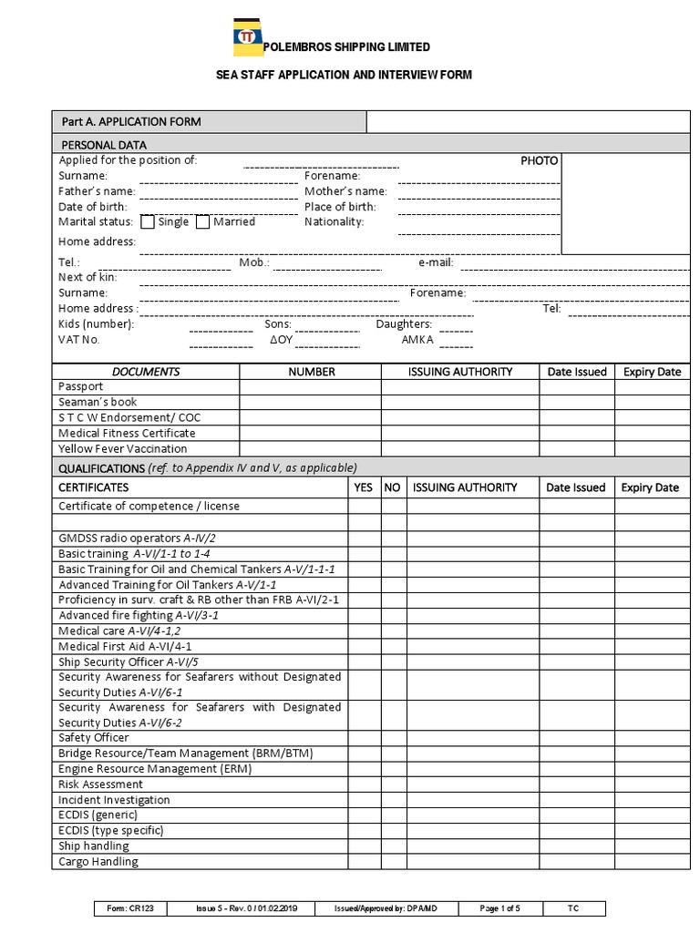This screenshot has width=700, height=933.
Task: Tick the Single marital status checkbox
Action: (x=149, y=222)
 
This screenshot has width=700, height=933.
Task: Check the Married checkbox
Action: (x=203, y=222)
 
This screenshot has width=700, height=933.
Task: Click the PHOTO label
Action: (x=539, y=160)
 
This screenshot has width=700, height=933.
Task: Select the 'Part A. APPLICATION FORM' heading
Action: (x=130, y=122)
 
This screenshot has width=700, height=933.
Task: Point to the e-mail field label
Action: (x=436, y=263)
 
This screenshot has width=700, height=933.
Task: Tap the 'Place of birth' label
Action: (x=339, y=207)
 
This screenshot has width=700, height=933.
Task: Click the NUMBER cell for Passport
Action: (x=311, y=387)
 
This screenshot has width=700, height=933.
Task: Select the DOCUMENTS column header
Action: (x=146, y=372)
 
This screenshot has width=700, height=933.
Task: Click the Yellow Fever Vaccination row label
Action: (x=123, y=449)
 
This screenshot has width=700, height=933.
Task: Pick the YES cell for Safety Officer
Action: (x=364, y=738)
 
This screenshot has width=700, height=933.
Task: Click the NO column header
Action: (x=393, y=487)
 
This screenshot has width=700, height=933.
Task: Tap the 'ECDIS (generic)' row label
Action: (x=98, y=815)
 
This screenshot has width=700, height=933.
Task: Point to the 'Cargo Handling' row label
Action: (x=98, y=862)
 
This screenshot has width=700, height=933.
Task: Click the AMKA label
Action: (x=417, y=340)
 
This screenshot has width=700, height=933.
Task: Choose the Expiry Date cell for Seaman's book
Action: (x=652, y=403)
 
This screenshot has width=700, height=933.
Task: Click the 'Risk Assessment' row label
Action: (x=101, y=784)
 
